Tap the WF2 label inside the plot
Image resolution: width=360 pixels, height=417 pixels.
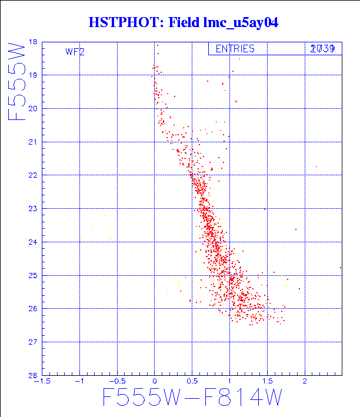click(75, 52)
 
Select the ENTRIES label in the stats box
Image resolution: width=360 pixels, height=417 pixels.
click(235, 49)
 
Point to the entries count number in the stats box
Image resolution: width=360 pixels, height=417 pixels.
click(322, 49)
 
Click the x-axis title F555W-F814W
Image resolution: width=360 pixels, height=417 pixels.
click(192, 399)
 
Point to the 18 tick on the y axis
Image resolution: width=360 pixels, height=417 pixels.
click(33, 42)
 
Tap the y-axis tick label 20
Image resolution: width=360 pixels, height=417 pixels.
click(33, 109)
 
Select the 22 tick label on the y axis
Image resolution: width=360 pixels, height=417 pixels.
click(33, 175)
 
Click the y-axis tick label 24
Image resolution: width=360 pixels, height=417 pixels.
click(33, 242)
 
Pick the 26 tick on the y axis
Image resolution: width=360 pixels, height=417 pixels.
click(33, 309)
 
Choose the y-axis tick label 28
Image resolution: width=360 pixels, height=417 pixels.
click(33, 375)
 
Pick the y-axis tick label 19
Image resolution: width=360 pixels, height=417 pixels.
click(33, 75)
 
